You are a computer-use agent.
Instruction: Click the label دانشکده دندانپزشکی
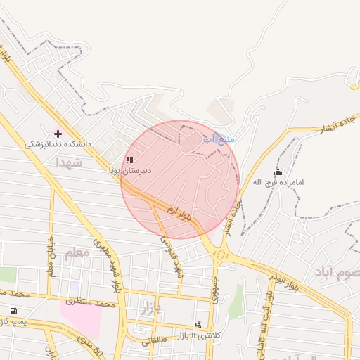pos(58,144)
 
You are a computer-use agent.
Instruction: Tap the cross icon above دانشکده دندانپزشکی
pos(58,134)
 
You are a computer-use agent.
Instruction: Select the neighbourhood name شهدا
pos(70,163)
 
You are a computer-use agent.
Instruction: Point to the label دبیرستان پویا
pos(129,170)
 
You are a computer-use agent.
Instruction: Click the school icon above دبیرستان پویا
pos(129,160)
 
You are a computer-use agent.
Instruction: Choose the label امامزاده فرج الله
pos(279,183)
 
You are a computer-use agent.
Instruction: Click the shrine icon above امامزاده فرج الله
pos(278,172)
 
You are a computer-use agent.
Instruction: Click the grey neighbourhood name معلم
pos(77,252)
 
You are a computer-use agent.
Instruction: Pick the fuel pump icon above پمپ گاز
pos(13,311)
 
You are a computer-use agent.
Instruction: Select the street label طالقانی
pos(155,340)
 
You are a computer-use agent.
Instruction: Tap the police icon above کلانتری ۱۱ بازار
pos(198,325)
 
